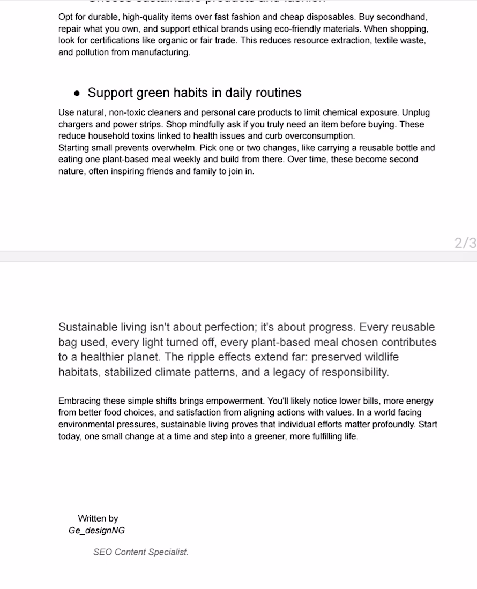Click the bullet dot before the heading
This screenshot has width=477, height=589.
click(78, 93)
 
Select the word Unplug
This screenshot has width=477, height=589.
click(416, 113)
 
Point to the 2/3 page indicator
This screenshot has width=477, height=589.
click(465, 243)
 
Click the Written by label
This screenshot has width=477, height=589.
click(98, 518)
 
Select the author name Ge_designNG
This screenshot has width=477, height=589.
click(96, 531)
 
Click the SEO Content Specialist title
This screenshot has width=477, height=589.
click(141, 552)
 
